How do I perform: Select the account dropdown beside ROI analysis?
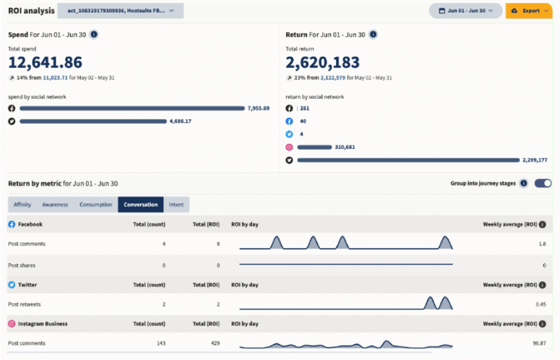tap(120, 11)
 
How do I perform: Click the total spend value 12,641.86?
tap(45, 62)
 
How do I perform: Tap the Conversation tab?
tap(140, 205)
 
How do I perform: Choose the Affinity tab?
tap(22, 205)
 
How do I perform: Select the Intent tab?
tap(176, 205)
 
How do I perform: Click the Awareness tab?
tap(55, 205)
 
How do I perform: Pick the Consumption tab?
tap(96, 205)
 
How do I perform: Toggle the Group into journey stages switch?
tap(543, 184)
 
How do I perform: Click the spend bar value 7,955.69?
tap(258, 108)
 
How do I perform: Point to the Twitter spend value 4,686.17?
tap(180, 121)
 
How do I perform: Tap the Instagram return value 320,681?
tap(314, 147)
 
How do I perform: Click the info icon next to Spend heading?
tap(94, 34)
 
